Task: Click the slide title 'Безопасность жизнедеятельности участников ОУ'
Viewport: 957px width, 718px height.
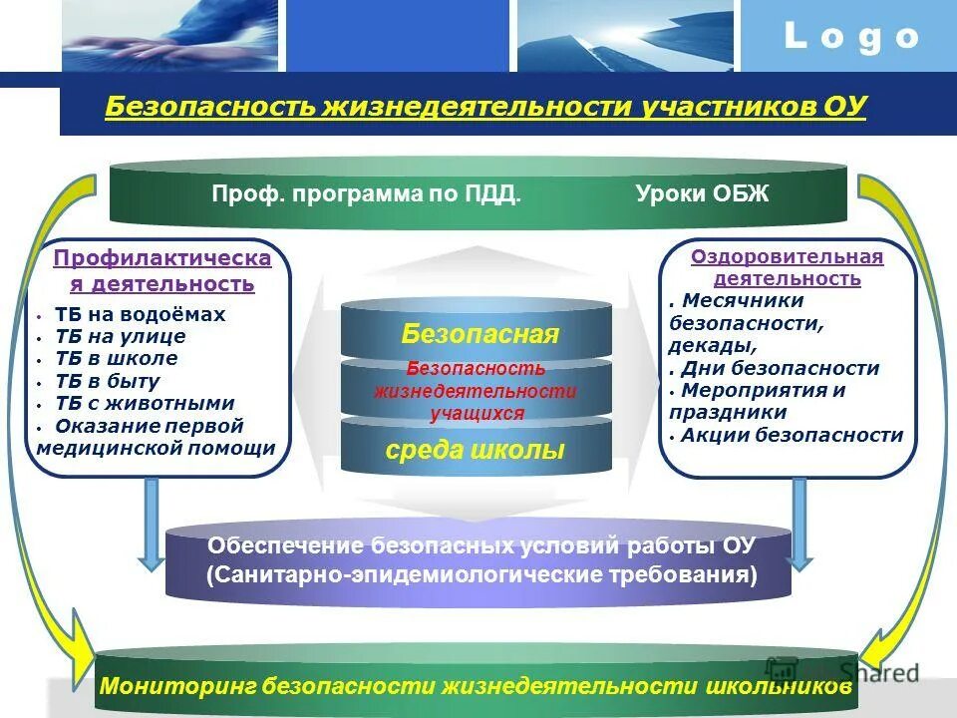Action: [x=485, y=106]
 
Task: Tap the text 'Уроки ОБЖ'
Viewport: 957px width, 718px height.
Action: [x=702, y=193]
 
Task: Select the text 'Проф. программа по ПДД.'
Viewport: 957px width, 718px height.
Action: [x=366, y=193]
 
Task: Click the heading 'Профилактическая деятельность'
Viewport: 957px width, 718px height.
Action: [x=162, y=271]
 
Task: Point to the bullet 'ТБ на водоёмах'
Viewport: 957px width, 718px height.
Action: [x=140, y=314]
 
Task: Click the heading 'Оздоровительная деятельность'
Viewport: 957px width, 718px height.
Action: [x=788, y=267]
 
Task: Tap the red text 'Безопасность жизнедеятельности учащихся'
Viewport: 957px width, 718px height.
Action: [x=476, y=391]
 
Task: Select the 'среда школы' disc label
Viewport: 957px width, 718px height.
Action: [x=475, y=450]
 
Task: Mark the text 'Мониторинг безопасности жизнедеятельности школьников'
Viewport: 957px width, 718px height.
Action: [x=476, y=687]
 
